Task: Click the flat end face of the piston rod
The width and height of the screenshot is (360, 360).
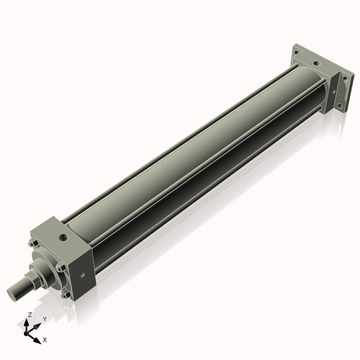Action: click(12, 292)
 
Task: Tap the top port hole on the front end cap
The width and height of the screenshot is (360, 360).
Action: click(65, 235)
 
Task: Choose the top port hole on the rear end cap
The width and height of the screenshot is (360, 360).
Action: click(315, 63)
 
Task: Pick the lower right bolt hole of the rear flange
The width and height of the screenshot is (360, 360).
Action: click(340, 106)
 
